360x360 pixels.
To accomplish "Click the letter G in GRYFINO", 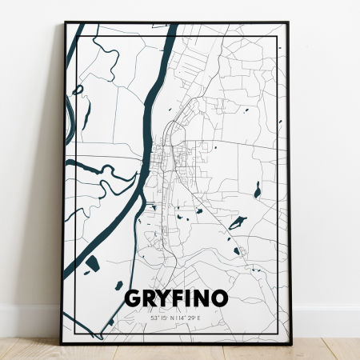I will click(133, 298).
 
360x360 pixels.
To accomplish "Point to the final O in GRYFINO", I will click(218, 298).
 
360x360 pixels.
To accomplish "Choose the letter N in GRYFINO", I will click(201, 298).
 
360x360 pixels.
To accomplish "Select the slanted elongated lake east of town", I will click(238, 222).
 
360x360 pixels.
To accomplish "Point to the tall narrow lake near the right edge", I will click(257, 190).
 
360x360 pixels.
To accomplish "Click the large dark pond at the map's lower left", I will click(91, 263).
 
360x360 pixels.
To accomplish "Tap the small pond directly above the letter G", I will click(118, 285).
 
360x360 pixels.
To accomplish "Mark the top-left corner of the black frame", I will click(65, 23).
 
